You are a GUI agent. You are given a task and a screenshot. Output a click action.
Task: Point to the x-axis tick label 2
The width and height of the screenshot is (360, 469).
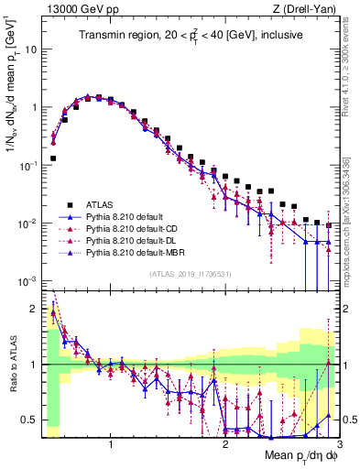[225, 446]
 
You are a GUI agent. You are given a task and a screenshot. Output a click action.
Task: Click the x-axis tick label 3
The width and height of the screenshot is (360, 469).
[338, 446]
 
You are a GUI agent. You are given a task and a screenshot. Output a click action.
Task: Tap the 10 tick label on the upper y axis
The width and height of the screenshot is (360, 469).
[31, 49]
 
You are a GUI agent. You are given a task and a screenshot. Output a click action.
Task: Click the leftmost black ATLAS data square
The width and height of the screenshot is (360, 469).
[53, 158]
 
